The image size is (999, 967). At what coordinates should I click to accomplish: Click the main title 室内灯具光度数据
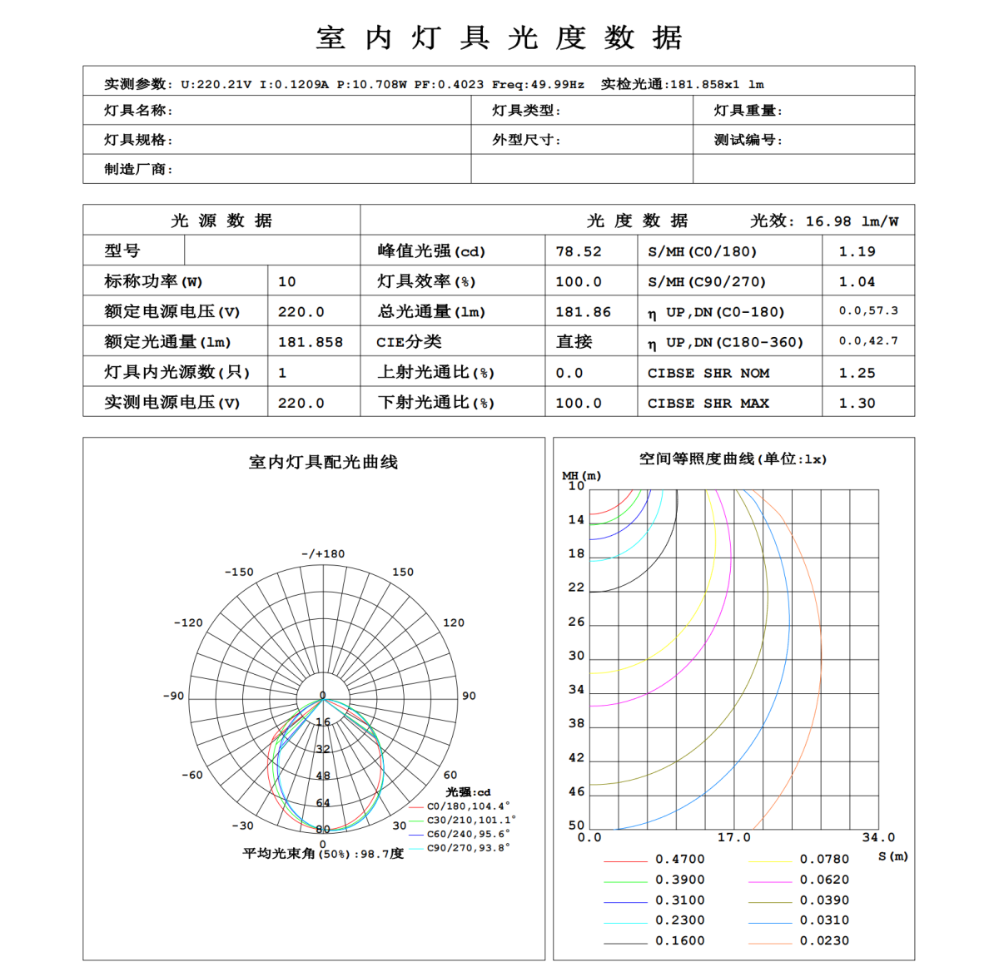[499, 38]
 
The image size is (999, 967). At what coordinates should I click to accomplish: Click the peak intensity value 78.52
[578, 251]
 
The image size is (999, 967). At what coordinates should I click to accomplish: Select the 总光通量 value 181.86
[583, 312]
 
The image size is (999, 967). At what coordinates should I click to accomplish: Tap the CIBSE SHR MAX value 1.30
[857, 403]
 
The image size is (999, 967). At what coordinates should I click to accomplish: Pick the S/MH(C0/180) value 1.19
[857, 251]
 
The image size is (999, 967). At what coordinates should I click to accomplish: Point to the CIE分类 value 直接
[574, 342]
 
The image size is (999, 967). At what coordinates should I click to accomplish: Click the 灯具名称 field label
[138, 111]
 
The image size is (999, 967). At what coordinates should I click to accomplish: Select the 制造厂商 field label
[138, 169]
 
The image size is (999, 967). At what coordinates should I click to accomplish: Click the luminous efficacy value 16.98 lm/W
[851, 221]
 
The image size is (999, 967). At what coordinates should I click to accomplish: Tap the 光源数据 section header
[221, 221]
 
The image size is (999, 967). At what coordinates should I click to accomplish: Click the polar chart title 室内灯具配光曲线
[323, 462]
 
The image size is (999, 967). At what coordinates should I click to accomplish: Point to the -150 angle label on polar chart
[239, 572]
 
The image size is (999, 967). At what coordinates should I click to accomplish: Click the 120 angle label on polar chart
[454, 622]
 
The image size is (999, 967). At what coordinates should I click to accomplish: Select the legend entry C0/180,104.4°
[468, 806]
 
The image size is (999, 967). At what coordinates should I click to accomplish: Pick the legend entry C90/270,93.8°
[468, 848]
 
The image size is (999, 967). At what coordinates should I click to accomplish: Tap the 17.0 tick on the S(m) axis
[733, 837]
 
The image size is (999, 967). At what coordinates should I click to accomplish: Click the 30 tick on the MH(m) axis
[576, 656]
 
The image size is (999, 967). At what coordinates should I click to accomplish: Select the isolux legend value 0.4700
[679, 859]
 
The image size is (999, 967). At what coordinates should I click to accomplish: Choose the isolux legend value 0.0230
[824, 940]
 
